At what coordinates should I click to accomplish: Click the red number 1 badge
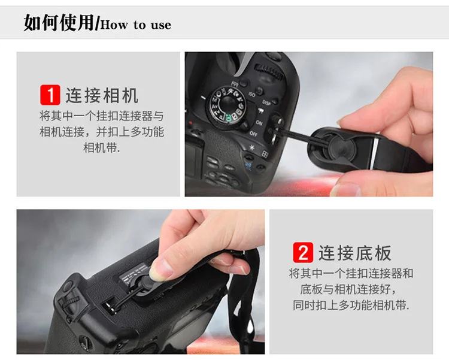click(50, 95)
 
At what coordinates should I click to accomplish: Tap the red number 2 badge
click(303, 252)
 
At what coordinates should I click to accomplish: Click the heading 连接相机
click(102, 95)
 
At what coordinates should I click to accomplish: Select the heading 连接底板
click(355, 253)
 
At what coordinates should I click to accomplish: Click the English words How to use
click(136, 25)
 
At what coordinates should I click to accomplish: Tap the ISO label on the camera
click(252, 95)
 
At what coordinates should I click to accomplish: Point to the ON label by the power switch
click(259, 122)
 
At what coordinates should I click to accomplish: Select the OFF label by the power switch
click(253, 133)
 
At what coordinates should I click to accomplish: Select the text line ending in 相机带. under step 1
click(102, 147)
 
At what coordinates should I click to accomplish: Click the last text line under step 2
click(351, 305)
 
